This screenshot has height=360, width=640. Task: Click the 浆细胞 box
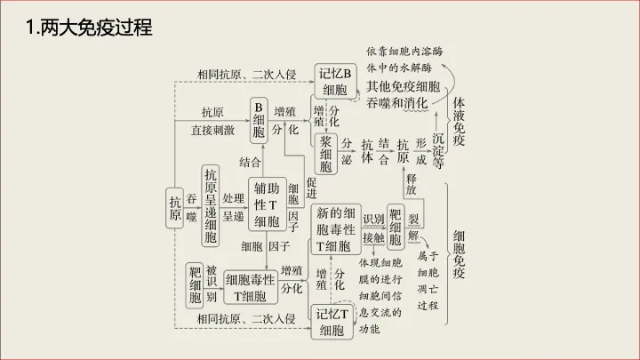[325, 152]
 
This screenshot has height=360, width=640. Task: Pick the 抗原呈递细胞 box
[211, 205]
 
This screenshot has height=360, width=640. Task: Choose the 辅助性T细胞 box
[267, 205]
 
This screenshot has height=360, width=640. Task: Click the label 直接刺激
[213, 131]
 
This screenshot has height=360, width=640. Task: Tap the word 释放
[412, 184]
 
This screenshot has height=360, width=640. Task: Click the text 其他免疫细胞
[403, 86]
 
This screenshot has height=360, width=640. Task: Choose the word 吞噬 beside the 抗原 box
[192, 208]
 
